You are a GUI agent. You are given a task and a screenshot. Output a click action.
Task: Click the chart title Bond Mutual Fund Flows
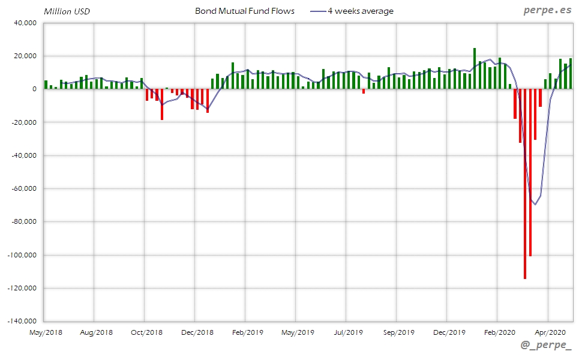(x=245, y=11)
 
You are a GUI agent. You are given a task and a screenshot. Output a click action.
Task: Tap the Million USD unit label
(x=67, y=11)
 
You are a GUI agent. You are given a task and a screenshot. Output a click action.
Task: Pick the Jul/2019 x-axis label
(x=346, y=332)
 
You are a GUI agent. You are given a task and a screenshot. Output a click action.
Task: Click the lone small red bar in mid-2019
(x=364, y=91)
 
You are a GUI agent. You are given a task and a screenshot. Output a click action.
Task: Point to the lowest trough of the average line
(x=535, y=205)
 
